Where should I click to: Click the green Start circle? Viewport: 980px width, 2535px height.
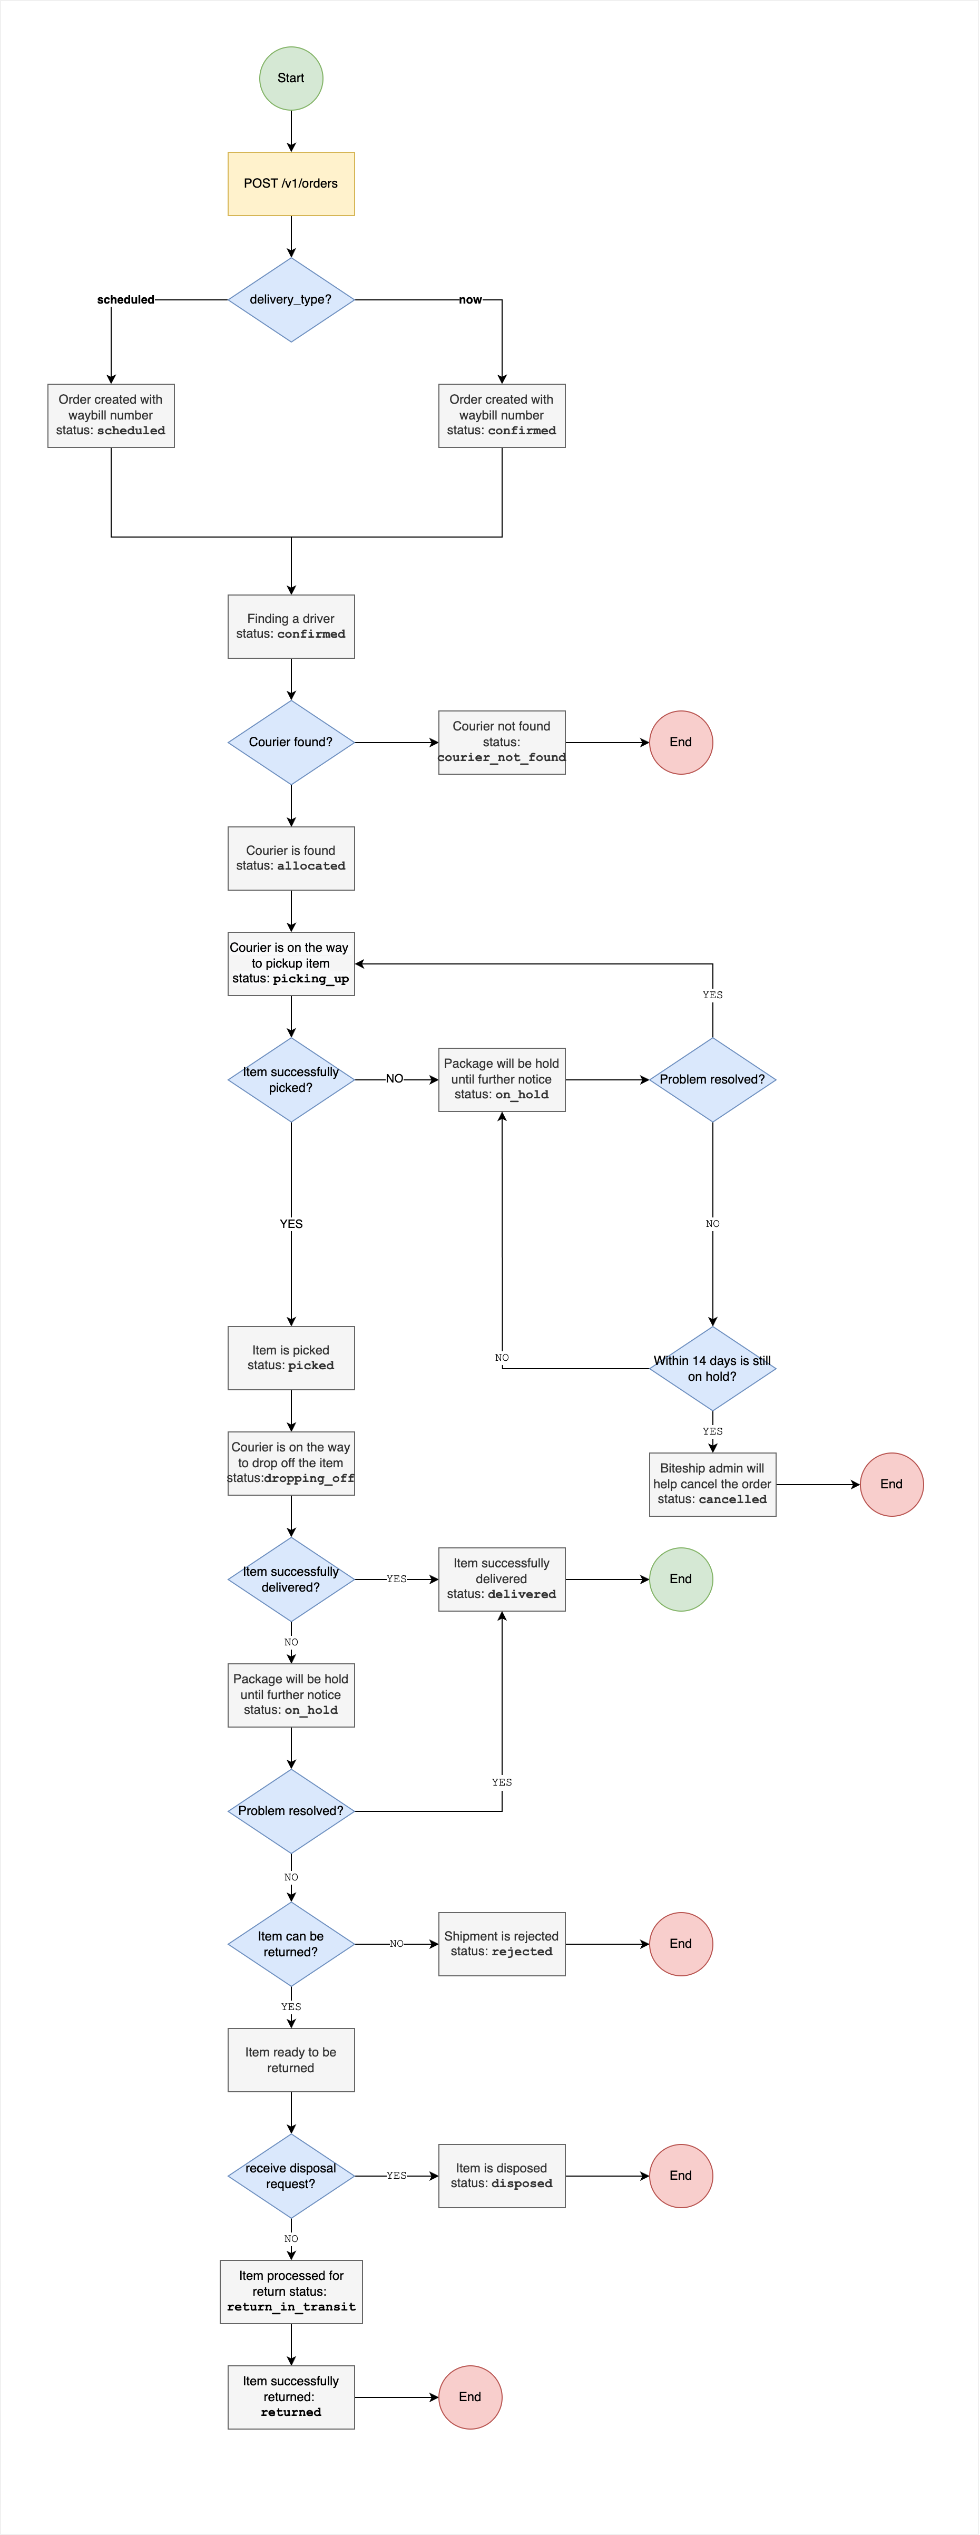pos(291,79)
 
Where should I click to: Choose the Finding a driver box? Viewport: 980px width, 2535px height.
pos(291,627)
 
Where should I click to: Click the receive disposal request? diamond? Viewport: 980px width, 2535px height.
pos(291,2176)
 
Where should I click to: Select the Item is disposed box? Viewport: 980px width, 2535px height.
pos(502,2176)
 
